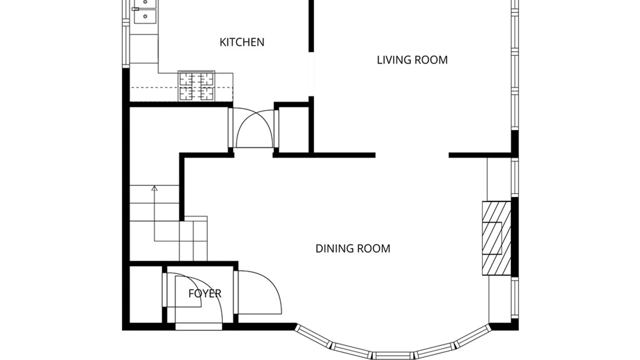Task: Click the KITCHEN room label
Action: point(242,42)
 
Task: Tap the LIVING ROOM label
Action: point(412,60)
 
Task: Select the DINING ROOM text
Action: point(353,249)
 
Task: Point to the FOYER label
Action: point(205,294)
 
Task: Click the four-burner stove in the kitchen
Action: point(196,86)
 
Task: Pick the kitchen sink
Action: point(145,12)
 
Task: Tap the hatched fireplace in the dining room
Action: point(497,238)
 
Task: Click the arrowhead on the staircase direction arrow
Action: point(154,188)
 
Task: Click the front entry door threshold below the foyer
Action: point(199,327)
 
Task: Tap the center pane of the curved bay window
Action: point(393,355)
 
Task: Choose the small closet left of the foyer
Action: point(146,294)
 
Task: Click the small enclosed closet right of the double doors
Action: point(294,130)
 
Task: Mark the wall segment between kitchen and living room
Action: point(311,26)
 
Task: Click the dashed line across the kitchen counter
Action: point(181,88)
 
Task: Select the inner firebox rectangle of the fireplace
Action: point(492,238)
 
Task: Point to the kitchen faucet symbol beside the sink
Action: point(135,9)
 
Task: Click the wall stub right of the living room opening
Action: point(480,155)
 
